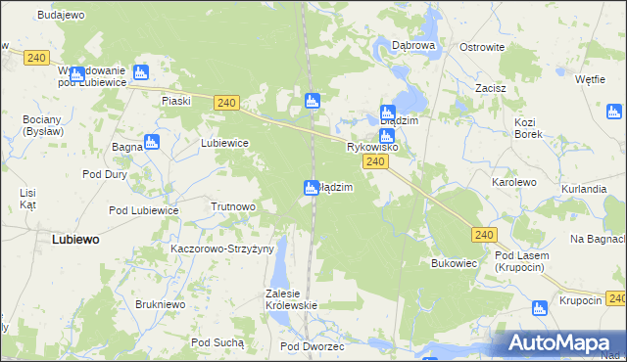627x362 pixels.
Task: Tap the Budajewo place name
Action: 61,16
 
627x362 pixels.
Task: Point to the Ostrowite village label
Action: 482,47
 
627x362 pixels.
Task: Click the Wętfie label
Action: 589,79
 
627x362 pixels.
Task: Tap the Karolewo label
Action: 513,182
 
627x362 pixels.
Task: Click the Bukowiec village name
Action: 454,263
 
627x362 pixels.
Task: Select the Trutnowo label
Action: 233,207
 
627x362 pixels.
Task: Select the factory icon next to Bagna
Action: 152,142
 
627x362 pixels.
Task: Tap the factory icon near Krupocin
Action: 539,308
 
